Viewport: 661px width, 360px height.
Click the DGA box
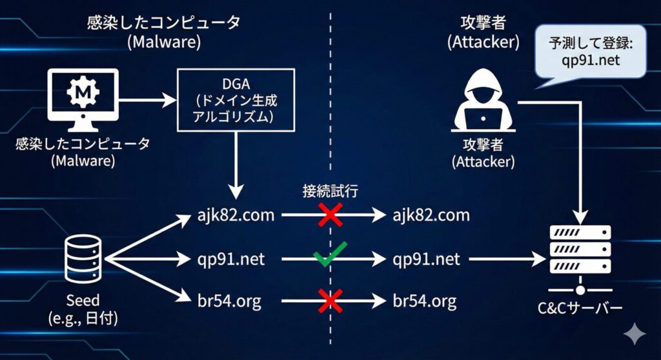pos(236,100)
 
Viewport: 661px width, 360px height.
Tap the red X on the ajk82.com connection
pos(330,215)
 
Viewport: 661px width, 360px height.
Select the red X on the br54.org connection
pos(330,301)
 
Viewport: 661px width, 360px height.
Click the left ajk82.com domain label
pos(236,215)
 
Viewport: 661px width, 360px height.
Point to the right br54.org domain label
pos(424,301)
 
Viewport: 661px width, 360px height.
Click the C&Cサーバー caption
pos(580,308)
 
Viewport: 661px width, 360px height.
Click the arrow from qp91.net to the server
pos(506,259)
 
